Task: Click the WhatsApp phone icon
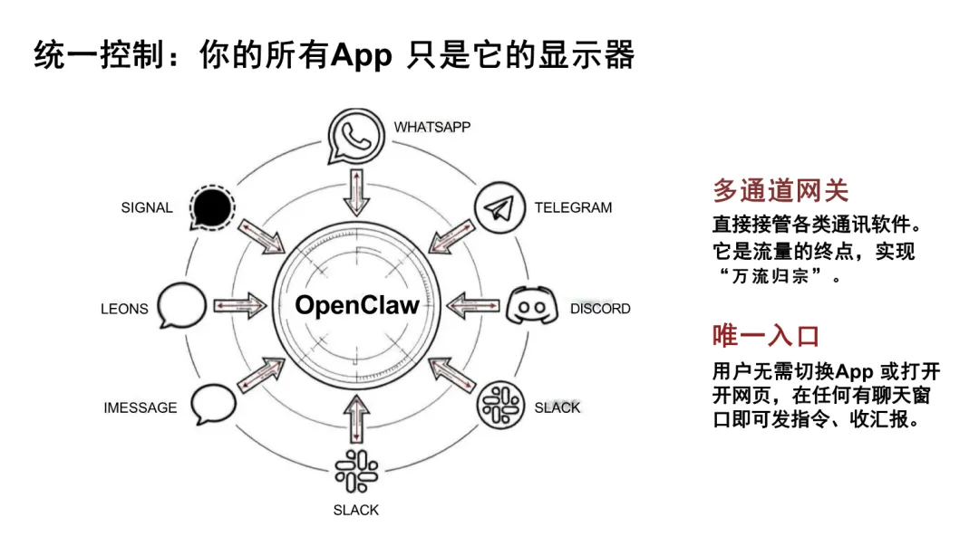[x=355, y=136]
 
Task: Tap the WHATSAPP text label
[x=431, y=127]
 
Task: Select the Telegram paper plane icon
[x=500, y=209]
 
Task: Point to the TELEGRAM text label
[x=573, y=207]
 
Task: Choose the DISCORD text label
[x=599, y=309]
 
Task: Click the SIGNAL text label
[x=147, y=207]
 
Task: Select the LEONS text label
[x=124, y=309]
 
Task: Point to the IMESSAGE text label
[x=140, y=408]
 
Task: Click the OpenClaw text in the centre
[x=357, y=305]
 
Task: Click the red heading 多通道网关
[x=780, y=191]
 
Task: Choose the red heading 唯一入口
[x=766, y=336]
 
